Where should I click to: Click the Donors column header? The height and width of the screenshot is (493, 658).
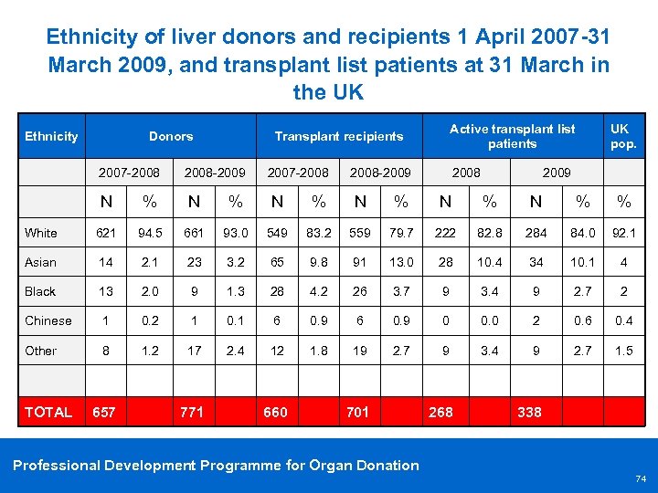[171, 136]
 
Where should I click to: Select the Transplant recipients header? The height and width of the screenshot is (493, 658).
[339, 136]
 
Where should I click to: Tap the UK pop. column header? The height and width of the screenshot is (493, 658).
[623, 136]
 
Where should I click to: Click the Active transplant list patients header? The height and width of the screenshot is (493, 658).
[512, 136]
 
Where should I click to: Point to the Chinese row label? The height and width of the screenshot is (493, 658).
[48, 320]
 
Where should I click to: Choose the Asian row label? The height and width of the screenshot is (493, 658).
[40, 262]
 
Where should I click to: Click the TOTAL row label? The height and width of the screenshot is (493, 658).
[48, 412]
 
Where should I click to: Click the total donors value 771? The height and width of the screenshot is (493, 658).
[192, 412]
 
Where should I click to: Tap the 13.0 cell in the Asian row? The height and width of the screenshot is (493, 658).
[401, 262]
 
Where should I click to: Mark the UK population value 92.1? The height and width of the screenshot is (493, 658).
[624, 232]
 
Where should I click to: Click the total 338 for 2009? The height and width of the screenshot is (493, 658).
[529, 412]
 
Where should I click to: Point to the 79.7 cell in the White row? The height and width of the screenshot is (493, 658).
[401, 232]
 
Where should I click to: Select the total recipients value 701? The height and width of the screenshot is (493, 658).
[357, 412]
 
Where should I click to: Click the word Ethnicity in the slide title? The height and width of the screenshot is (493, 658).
[93, 37]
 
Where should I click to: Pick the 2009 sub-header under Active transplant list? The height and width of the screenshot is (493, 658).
[557, 173]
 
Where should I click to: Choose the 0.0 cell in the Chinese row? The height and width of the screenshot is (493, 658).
[490, 320]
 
